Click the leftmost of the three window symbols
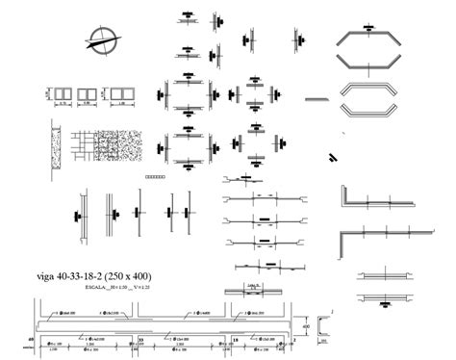tap(62, 94)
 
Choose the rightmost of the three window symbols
tap(120, 94)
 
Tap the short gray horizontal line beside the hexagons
tap(317, 98)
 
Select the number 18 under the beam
tap(236, 340)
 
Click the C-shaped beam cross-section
tap(324, 327)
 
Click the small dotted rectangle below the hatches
tap(154, 176)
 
